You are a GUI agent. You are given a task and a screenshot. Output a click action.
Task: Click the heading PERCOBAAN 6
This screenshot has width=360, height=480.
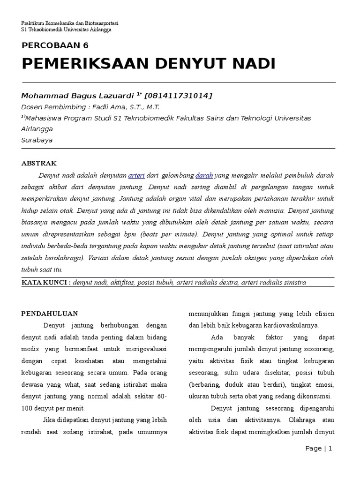coord(55,45)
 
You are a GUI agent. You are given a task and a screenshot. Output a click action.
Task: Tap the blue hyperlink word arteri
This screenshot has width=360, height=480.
coord(136,175)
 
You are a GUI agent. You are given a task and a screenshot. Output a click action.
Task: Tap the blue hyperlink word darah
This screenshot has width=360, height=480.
coord(204,175)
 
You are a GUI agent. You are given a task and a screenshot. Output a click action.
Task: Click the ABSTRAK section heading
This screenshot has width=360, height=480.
coord(39,163)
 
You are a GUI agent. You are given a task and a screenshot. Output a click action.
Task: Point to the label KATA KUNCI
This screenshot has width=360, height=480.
coord(46,282)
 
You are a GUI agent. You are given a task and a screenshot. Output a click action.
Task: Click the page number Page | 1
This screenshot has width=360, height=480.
coord(318,449)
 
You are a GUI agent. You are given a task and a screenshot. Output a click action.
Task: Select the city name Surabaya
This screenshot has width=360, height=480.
coord(37,140)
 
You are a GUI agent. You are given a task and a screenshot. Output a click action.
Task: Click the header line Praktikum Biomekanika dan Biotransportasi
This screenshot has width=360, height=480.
coord(70,23)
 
